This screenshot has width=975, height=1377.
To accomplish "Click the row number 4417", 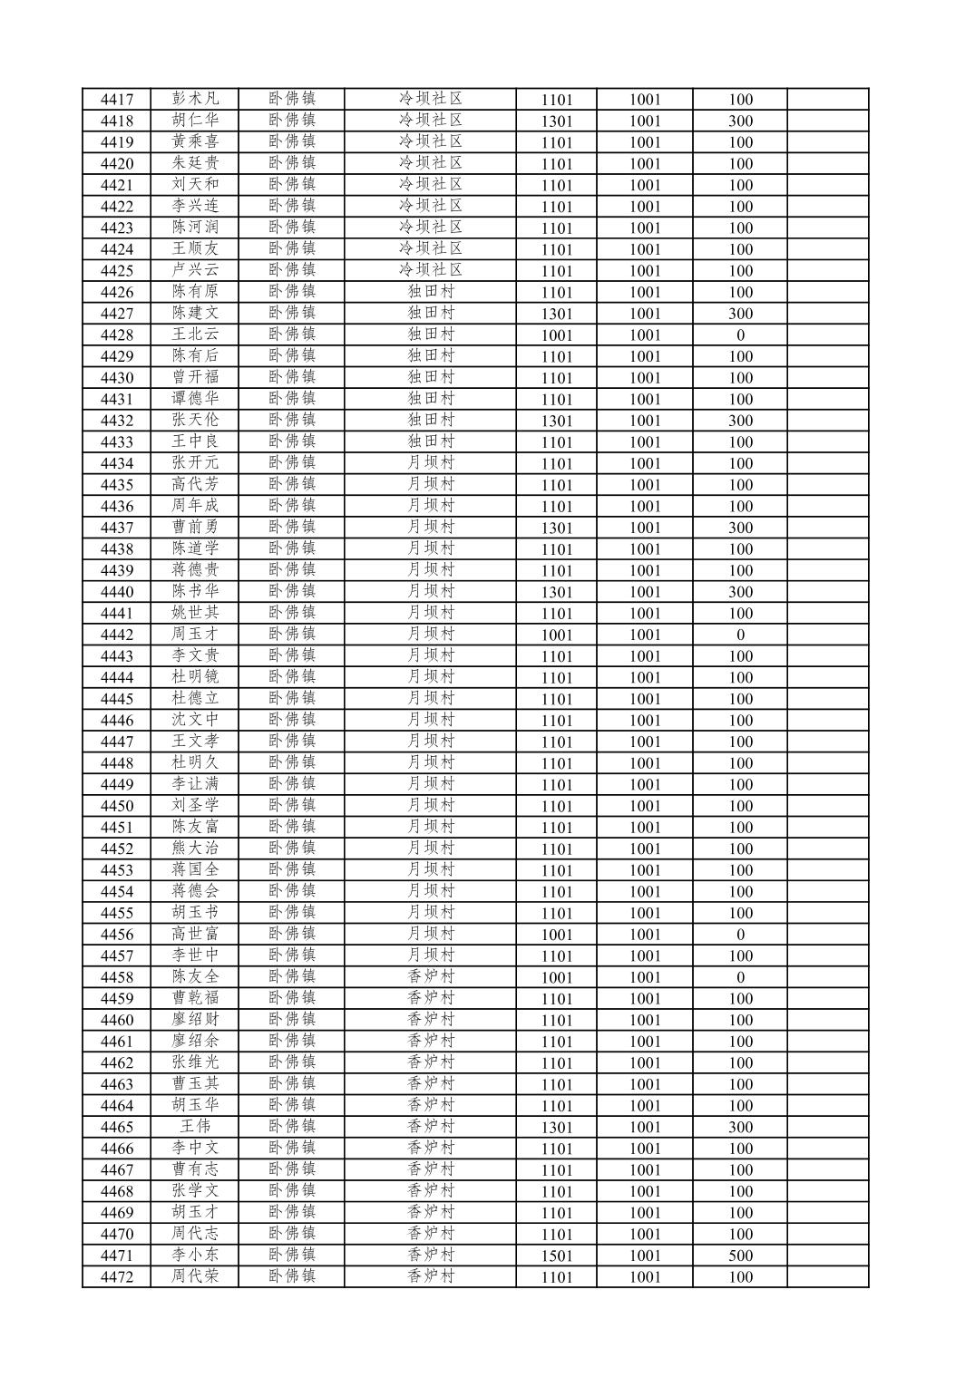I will point(116,100).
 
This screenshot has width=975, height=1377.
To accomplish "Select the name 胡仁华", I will point(195,121).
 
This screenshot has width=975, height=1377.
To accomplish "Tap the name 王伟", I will point(195,1127).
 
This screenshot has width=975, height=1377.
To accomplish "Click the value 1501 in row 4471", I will point(556,1256).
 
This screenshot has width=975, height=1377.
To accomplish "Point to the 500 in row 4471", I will point(740,1256).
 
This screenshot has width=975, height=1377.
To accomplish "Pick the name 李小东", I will point(195,1256).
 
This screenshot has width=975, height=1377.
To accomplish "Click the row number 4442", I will point(116,635).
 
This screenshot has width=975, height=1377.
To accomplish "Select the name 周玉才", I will point(195,635).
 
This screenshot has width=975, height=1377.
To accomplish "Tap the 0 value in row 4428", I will point(740,335).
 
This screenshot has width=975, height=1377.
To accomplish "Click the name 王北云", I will point(195,335).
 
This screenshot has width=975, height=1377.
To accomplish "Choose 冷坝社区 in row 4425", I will point(430,270).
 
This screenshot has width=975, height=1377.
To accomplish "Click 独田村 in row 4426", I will point(430,292).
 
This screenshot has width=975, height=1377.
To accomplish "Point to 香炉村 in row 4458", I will point(430,977).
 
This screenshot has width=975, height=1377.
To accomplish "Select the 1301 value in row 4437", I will point(556,528).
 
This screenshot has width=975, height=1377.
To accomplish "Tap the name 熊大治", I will point(195,849).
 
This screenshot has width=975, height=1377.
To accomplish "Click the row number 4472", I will point(116,1277).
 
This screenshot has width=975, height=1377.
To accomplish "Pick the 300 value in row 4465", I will point(740,1127).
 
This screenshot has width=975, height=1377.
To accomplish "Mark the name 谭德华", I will point(195,399).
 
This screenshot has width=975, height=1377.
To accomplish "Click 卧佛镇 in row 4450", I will point(291,806).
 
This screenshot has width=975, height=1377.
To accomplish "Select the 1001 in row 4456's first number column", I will point(556,935).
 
